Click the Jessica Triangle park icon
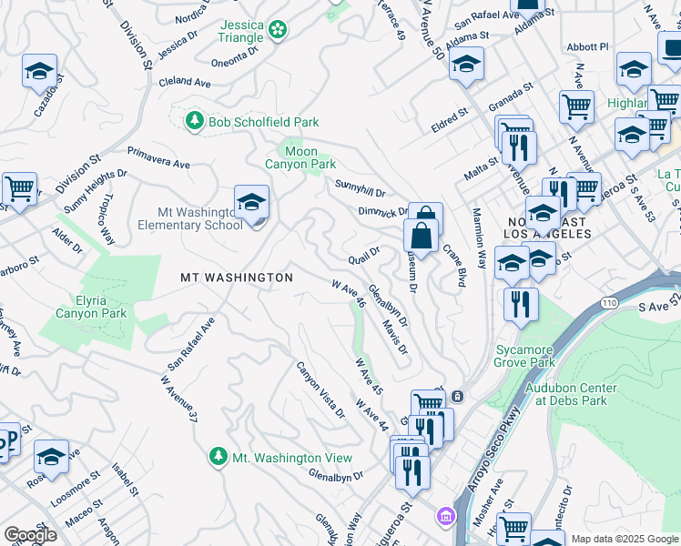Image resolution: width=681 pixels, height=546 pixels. tap(278, 31)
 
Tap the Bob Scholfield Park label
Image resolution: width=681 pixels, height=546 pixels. tap(262, 121)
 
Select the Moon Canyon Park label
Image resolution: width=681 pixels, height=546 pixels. tap(300, 157)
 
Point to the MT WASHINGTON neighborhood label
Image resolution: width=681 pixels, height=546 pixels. tap(236, 277)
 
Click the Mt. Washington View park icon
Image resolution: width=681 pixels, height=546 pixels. tap(218, 456)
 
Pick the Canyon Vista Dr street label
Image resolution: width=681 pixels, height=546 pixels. tap(320, 389)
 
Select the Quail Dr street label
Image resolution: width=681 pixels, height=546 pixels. tap(363, 256)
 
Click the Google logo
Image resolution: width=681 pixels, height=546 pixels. tap(30, 535)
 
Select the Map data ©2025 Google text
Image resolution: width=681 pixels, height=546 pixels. tap(624, 539)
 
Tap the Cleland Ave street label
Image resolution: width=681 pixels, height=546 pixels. tap(184, 82)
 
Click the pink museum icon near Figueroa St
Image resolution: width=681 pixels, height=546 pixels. tap(445, 517)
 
